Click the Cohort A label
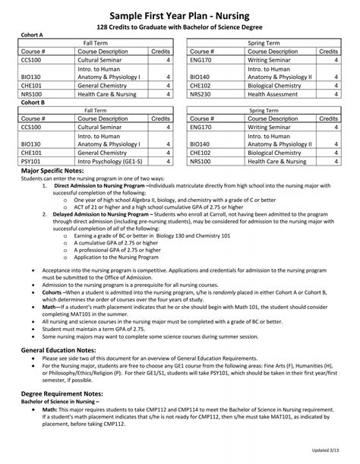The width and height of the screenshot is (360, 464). tap(30, 35)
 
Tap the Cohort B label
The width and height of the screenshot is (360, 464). tap(30, 102)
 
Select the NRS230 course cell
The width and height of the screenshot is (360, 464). tap(201, 95)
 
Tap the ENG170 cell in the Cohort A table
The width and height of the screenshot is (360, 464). tap(201, 59)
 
